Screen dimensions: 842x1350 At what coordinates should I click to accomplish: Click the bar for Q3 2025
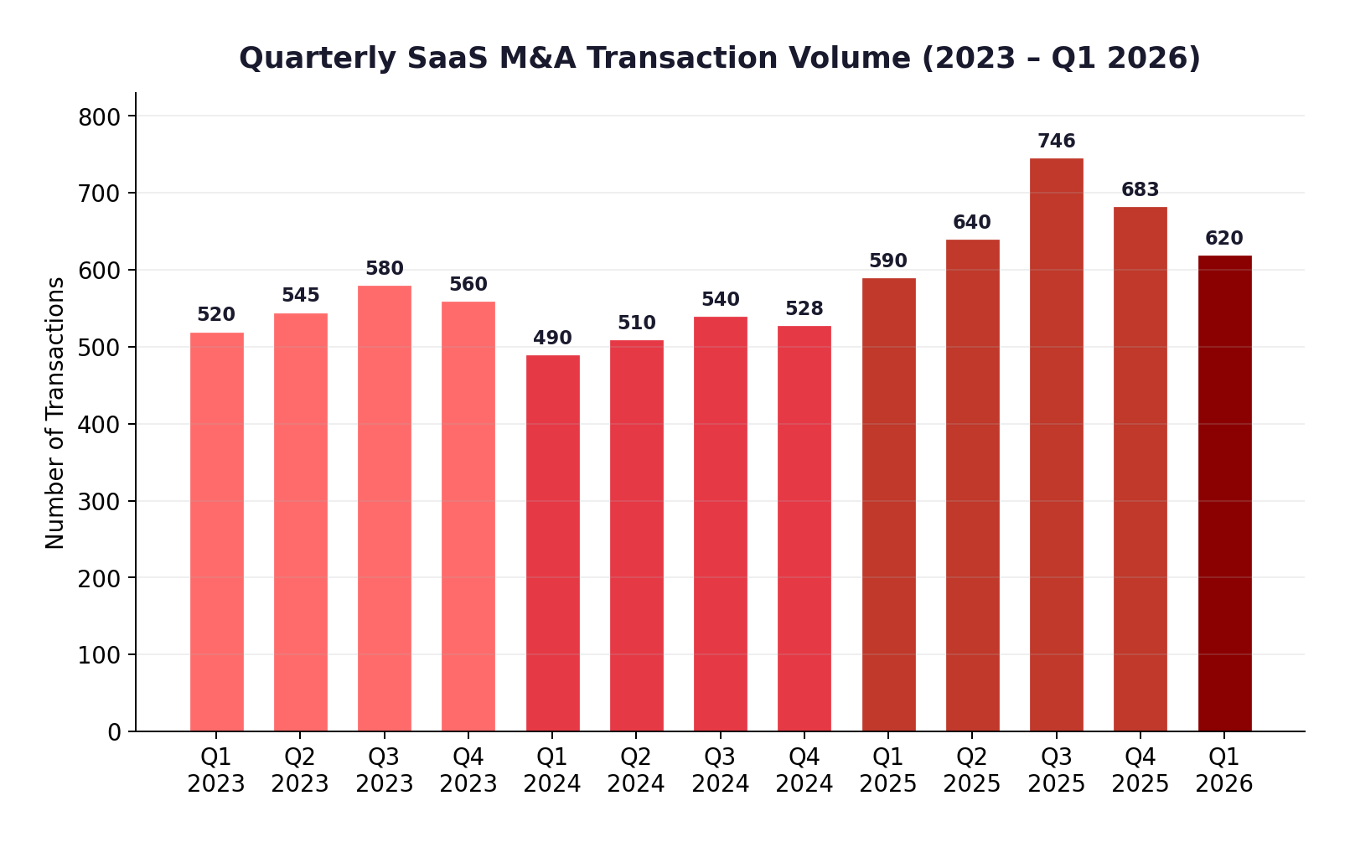(x=1056, y=444)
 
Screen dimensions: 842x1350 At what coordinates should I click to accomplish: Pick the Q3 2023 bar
(x=384, y=508)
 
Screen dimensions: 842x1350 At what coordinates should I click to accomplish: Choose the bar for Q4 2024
(x=804, y=528)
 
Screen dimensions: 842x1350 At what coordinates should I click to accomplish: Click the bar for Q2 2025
(x=972, y=485)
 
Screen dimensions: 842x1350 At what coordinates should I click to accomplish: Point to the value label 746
(x=1056, y=142)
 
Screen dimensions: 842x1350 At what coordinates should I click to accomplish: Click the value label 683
(x=1140, y=190)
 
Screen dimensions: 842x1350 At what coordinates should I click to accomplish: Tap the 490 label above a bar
(x=552, y=338)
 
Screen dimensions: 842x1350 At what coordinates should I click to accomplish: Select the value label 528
(x=804, y=309)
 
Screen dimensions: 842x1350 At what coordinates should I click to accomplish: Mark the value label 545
(x=300, y=296)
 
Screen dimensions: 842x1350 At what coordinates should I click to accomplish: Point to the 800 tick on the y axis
(x=100, y=117)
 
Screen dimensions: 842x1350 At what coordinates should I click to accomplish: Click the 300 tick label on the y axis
(x=100, y=502)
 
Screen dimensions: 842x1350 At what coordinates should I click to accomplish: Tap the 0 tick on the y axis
(x=114, y=732)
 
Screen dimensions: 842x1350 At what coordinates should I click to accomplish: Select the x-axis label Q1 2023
(x=216, y=771)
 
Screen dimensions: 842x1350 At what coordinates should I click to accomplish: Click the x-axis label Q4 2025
(x=1140, y=771)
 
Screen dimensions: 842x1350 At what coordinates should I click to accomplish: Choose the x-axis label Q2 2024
(x=636, y=771)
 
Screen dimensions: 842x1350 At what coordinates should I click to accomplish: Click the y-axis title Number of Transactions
(x=55, y=413)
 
